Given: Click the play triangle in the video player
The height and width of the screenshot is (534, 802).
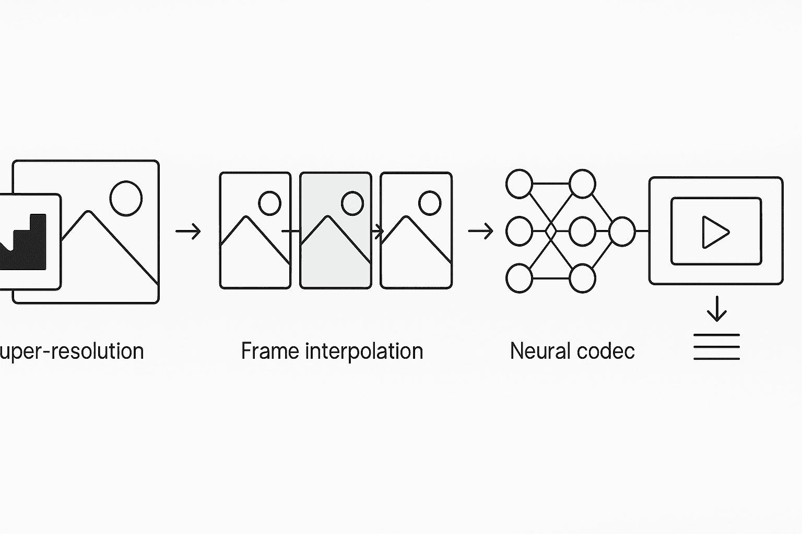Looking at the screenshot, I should point(714,232).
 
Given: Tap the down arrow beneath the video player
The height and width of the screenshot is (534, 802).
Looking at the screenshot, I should point(716,309).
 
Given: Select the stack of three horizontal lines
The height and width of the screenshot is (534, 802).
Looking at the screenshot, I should point(716,347).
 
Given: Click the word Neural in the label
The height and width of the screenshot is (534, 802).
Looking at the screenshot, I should point(538,351).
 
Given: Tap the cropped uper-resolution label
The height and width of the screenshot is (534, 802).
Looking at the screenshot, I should point(72,351).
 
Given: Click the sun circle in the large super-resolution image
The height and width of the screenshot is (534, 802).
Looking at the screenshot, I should point(126,198).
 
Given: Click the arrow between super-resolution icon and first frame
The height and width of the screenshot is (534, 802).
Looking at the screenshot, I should point(188,231).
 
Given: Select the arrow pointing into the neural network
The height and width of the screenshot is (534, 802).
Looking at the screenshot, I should point(481,231).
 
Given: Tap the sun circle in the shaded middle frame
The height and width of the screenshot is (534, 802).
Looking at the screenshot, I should point(352,203).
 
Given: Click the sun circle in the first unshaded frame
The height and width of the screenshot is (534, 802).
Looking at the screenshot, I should point(269,203).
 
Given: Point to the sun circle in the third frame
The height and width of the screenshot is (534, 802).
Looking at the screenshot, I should point(430,203).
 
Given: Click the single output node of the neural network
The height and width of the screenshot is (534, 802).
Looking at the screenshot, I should point(622,231).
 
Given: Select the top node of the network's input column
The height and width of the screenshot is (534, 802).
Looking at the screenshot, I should point(519,184).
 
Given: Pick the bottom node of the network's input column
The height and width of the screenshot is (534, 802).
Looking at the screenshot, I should point(519,278).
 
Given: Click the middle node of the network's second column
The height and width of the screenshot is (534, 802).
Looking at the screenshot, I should point(582,231).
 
